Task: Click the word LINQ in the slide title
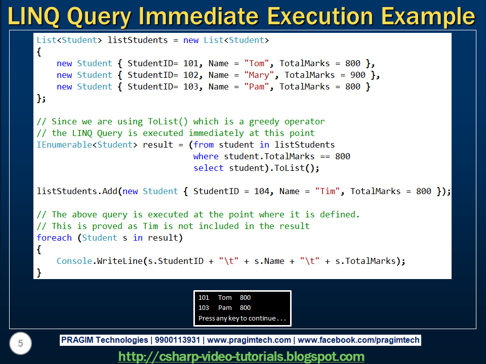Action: pos(33,16)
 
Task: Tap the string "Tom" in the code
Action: pos(256,64)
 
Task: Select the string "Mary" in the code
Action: pos(259,75)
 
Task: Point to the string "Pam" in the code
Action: pos(256,86)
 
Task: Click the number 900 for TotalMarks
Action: pos(358,75)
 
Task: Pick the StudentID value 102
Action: pos(191,75)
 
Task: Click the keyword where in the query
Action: pos(206,156)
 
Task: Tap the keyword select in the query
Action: pos(208,168)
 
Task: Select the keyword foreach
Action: pos(54,238)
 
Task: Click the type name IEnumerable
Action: pos(64,145)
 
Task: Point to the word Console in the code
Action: pos(74,261)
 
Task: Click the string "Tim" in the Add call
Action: pos(328,191)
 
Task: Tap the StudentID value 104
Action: pos(262,191)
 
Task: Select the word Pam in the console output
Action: pos(225,308)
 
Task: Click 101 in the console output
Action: pos(204,297)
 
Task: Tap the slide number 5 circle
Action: pos(20,343)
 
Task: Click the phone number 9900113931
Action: pos(177,340)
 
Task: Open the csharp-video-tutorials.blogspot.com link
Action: pos(241,356)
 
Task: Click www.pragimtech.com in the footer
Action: pos(249,340)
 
